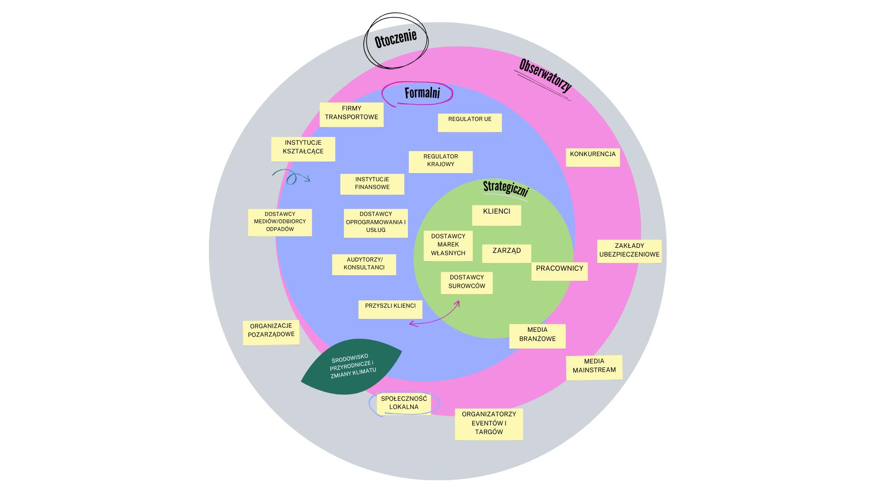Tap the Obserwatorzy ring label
tap(545, 75)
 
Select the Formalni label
tap(422, 93)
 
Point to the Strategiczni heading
tap(506, 188)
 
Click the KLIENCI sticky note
tap(496, 215)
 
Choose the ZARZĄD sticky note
tap(506, 253)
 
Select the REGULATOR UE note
tap(469, 122)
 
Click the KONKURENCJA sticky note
tap(593, 157)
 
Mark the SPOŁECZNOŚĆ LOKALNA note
tap(404, 403)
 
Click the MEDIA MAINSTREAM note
tap(594, 367)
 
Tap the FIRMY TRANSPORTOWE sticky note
tap(351, 114)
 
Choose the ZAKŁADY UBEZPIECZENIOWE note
tap(629, 251)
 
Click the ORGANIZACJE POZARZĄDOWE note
tap(271, 332)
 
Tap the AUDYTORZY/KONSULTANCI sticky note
tap(364, 265)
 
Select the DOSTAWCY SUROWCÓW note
tap(467, 283)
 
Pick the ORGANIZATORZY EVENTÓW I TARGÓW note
tap(489, 424)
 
